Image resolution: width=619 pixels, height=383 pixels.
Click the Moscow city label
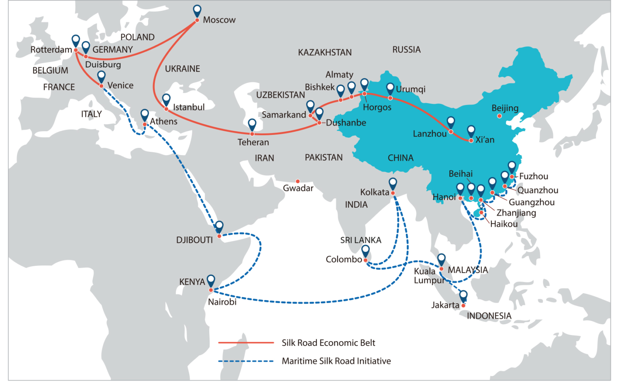219,20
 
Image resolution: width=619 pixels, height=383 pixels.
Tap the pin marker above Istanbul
166,99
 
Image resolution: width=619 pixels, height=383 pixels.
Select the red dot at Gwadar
298,182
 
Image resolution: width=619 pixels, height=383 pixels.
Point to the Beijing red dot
499,116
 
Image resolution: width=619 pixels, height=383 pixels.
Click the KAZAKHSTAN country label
324,52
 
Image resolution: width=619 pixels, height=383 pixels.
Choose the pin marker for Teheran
252,124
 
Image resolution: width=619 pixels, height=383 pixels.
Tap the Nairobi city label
222,302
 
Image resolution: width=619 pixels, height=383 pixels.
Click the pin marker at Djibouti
219,226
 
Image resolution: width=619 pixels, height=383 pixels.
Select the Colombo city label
344,259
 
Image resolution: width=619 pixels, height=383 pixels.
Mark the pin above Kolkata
393,183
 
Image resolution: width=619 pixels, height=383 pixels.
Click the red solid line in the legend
246,343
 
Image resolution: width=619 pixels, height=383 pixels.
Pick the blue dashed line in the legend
246,361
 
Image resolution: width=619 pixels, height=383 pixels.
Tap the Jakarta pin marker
463,296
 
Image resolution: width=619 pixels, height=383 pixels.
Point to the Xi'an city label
485,140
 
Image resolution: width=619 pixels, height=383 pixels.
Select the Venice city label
120,85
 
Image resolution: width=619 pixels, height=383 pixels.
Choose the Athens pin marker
145,114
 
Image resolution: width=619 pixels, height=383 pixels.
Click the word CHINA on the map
400,158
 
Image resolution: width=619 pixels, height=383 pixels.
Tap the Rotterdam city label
51,50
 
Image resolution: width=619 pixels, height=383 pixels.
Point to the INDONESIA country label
489,316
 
